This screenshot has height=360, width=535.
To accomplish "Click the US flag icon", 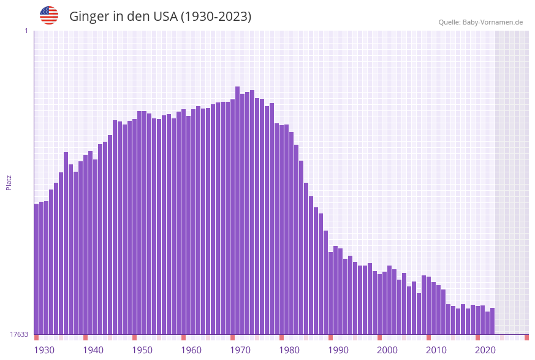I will [49, 15].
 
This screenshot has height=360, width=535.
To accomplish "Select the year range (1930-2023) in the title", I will [215, 17].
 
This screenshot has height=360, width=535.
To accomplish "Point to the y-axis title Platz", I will [9, 182].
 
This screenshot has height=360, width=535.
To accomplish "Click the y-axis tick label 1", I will [26, 31].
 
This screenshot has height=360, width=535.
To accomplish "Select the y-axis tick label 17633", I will [19, 334].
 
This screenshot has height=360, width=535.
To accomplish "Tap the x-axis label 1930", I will [44, 350].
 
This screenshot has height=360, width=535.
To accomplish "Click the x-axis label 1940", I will [93, 350].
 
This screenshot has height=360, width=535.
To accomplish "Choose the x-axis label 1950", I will [142, 350].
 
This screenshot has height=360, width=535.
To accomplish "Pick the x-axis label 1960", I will [191, 350].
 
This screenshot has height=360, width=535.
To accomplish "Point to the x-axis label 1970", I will [240, 350].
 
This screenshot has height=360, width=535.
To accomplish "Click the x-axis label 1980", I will [289, 350].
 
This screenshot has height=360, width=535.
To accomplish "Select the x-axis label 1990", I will [338, 350].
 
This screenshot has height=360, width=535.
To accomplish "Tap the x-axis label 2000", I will [387, 350].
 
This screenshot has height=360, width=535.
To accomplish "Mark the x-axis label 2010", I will [436, 350].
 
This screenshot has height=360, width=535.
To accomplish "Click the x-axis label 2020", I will [485, 350].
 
